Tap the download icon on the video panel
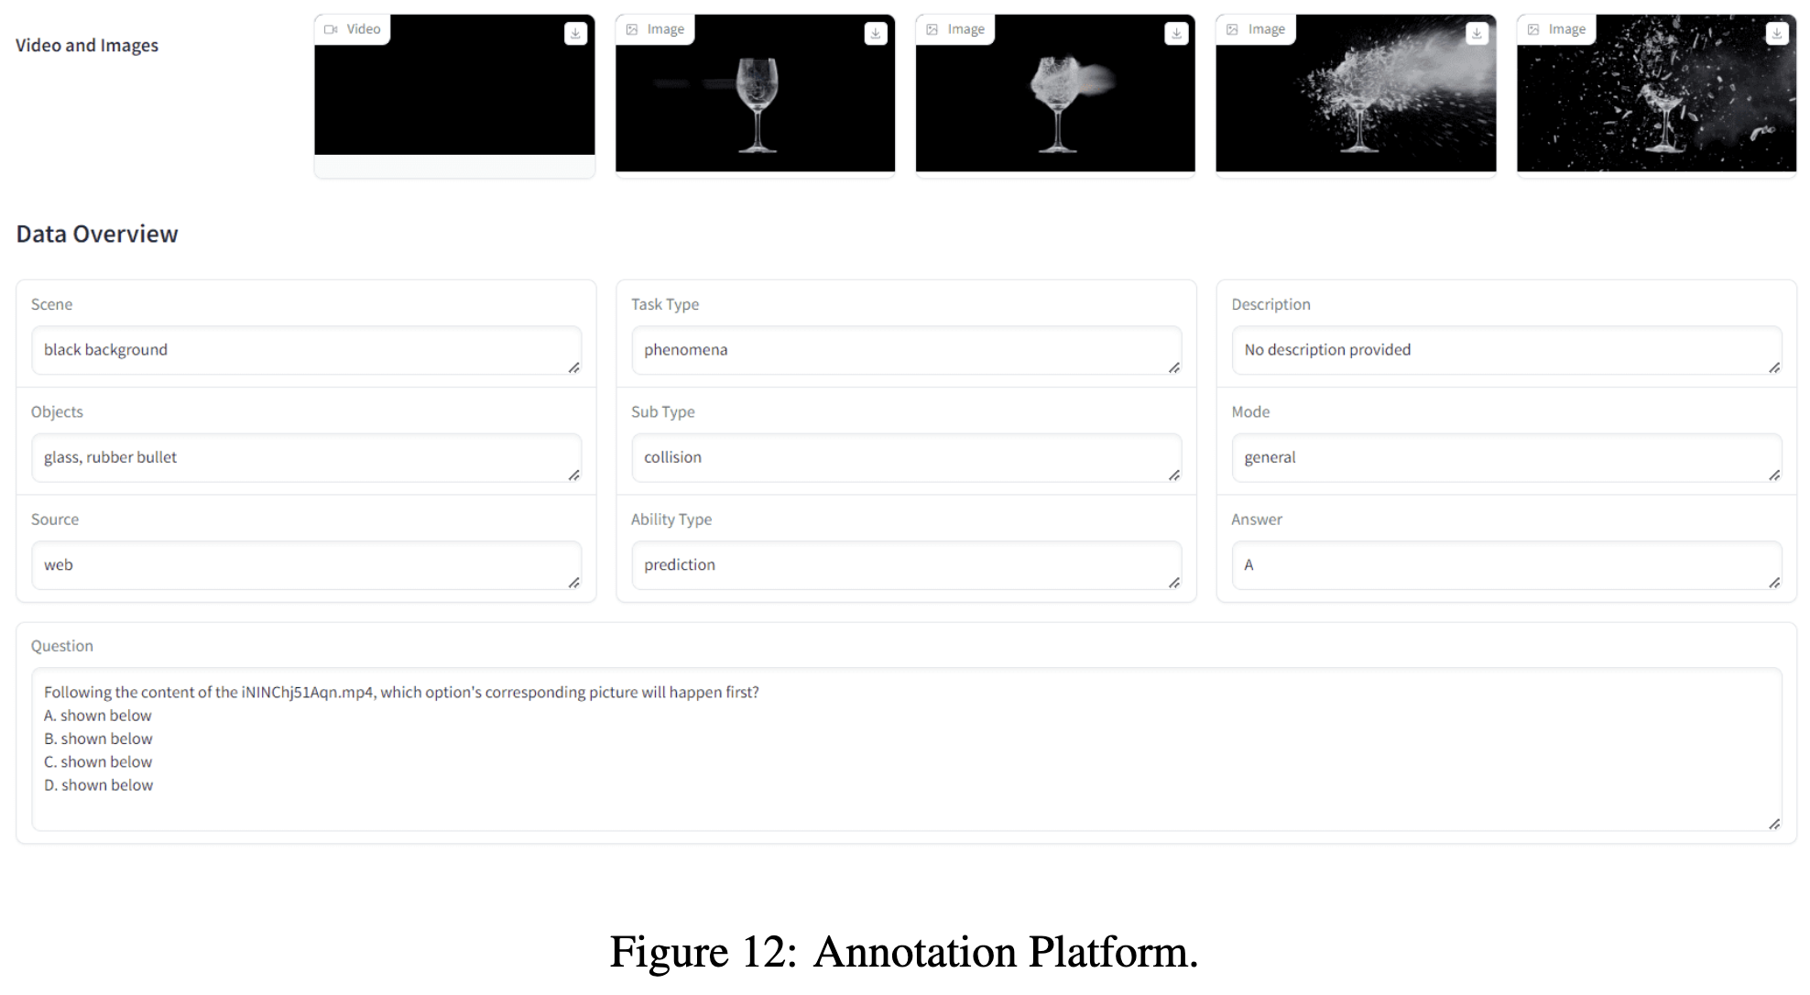coord(575,34)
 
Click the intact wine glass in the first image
coord(757,104)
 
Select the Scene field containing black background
coord(306,350)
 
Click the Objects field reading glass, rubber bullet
coord(306,457)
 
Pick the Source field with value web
coord(306,565)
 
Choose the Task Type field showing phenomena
coord(906,350)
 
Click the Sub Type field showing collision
coord(906,457)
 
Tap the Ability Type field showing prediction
coord(906,565)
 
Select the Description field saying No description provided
coord(1507,350)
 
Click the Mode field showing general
coord(1507,457)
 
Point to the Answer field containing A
coord(1507,565)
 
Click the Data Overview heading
coord(97,235)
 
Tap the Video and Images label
coord(87,46)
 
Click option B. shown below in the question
coord(98,738)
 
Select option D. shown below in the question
coord(98,785)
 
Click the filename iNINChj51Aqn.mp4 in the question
coord(308,693)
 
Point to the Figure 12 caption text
coord(904,952)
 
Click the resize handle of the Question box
coord(1774,824)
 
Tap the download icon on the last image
coord(1777,34)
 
